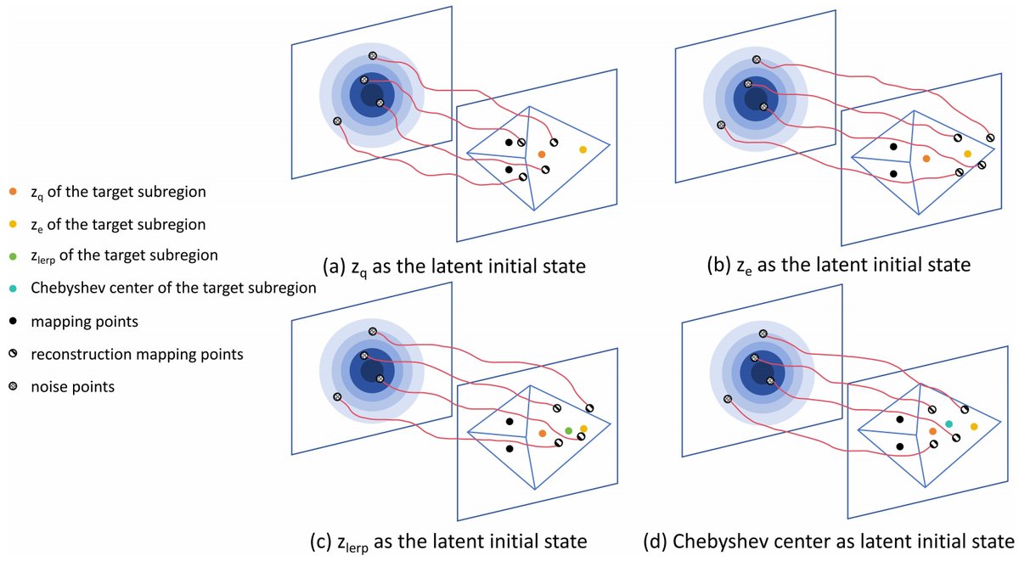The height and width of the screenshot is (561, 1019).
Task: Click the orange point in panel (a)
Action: (x=541, y=154)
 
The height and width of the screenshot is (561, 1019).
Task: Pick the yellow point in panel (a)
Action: (x=583, y=149)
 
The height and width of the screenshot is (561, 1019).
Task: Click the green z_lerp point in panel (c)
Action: (x=568, y=431)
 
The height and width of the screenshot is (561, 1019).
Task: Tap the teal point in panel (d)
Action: (x=949, y=424)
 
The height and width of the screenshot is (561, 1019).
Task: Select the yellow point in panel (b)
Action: (x=967, y=154)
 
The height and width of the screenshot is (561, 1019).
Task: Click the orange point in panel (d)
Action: (x=932, y=431)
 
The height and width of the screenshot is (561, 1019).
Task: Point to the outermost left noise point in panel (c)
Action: (x=337, y=396)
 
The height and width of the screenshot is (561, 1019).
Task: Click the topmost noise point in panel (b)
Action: (x=757, y=59)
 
